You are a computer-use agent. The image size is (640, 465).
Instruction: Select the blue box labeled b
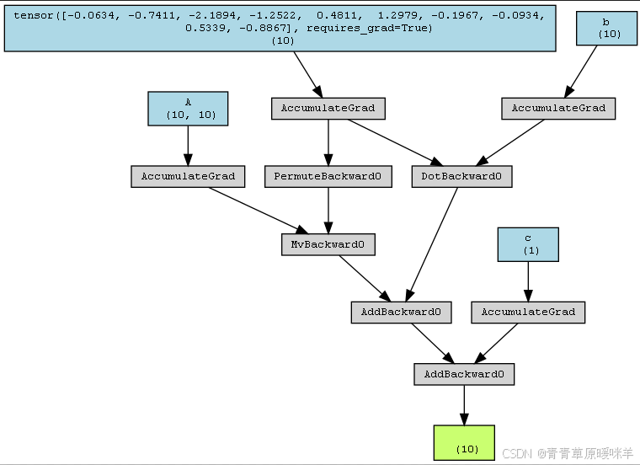pos(605,28)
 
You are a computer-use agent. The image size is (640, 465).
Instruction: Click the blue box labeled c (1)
pos(528,243)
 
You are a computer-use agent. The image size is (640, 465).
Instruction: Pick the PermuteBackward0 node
pos(328,177)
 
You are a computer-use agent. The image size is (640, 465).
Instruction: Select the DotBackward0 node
pos(461,177)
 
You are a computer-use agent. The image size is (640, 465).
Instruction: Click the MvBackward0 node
pos(328,244)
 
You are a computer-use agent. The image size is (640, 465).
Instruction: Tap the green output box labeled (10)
pos(464,442)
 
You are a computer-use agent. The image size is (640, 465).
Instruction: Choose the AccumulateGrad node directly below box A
pos(188,177)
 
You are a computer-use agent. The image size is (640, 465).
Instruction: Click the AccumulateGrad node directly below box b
pos(558,109)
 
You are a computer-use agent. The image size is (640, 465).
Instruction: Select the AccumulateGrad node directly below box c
pos(528,312)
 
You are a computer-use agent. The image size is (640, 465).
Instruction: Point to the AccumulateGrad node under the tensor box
pos(328,109)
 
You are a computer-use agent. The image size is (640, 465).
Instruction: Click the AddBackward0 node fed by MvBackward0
pos(401,312)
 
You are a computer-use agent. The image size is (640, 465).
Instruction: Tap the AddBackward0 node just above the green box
pos(464,374)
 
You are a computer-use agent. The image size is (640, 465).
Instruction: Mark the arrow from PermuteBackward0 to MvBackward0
pos(328,211)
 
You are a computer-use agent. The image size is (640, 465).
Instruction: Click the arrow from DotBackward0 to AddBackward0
pos(433,244)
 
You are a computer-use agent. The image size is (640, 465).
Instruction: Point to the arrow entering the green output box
pos(464,406)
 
